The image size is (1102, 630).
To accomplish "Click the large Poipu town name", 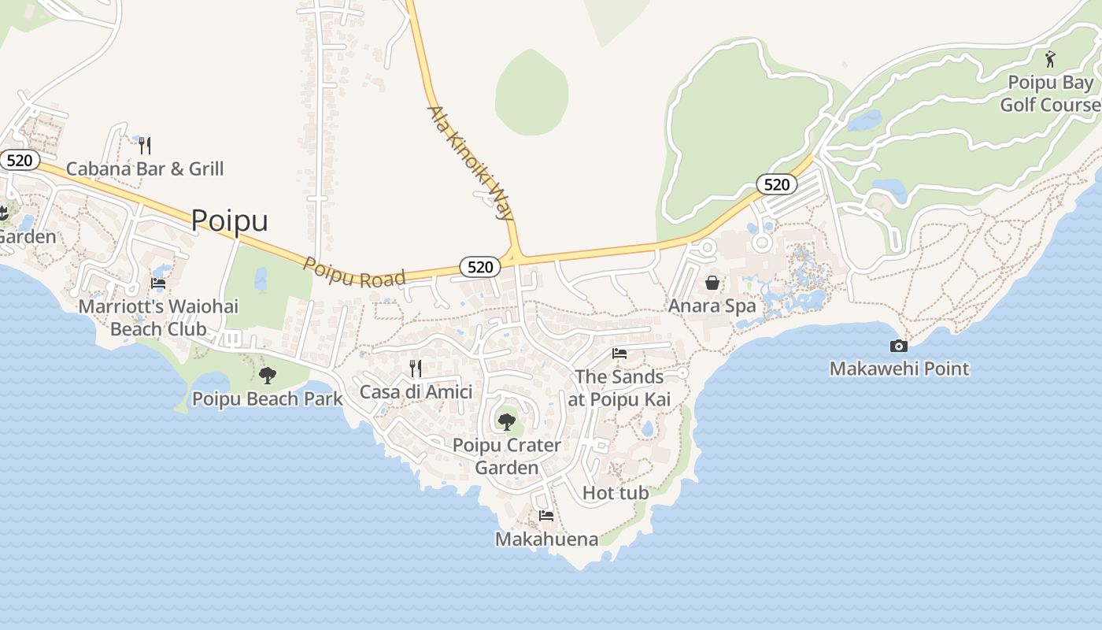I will (x=229, y=220).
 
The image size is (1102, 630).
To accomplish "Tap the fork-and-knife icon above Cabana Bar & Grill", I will (x=145, y=145).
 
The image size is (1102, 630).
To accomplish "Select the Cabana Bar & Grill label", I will (x=145, y=169).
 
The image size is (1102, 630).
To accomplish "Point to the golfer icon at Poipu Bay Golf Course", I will (x=1050, y=59).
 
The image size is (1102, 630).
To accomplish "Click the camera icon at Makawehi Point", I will (x=899, y=346).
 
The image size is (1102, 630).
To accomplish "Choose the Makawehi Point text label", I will (x=899, y=369).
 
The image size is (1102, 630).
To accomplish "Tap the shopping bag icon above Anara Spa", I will (x=712, y=283).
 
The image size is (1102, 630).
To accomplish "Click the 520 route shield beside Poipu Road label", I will (x=479, y=267).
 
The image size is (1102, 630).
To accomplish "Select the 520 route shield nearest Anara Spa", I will (x=777, y=184).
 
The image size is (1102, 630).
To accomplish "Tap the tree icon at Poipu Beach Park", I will (x=268, y=376).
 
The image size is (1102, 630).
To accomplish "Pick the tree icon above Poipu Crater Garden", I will (x=507, y=422).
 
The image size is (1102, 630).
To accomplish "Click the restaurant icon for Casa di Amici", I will (x=416, y=368).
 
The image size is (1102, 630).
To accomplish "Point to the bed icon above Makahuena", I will (x=546, y=516).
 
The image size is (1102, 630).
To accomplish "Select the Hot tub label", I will (x=616, y=493).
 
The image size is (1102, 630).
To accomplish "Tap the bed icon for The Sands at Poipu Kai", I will (x=619, y=354).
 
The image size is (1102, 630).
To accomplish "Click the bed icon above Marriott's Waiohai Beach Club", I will (x=158, y=283).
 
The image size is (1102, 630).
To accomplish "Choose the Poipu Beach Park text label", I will (x=268, y=398).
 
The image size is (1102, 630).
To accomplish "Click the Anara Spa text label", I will (x=712, y=306).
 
